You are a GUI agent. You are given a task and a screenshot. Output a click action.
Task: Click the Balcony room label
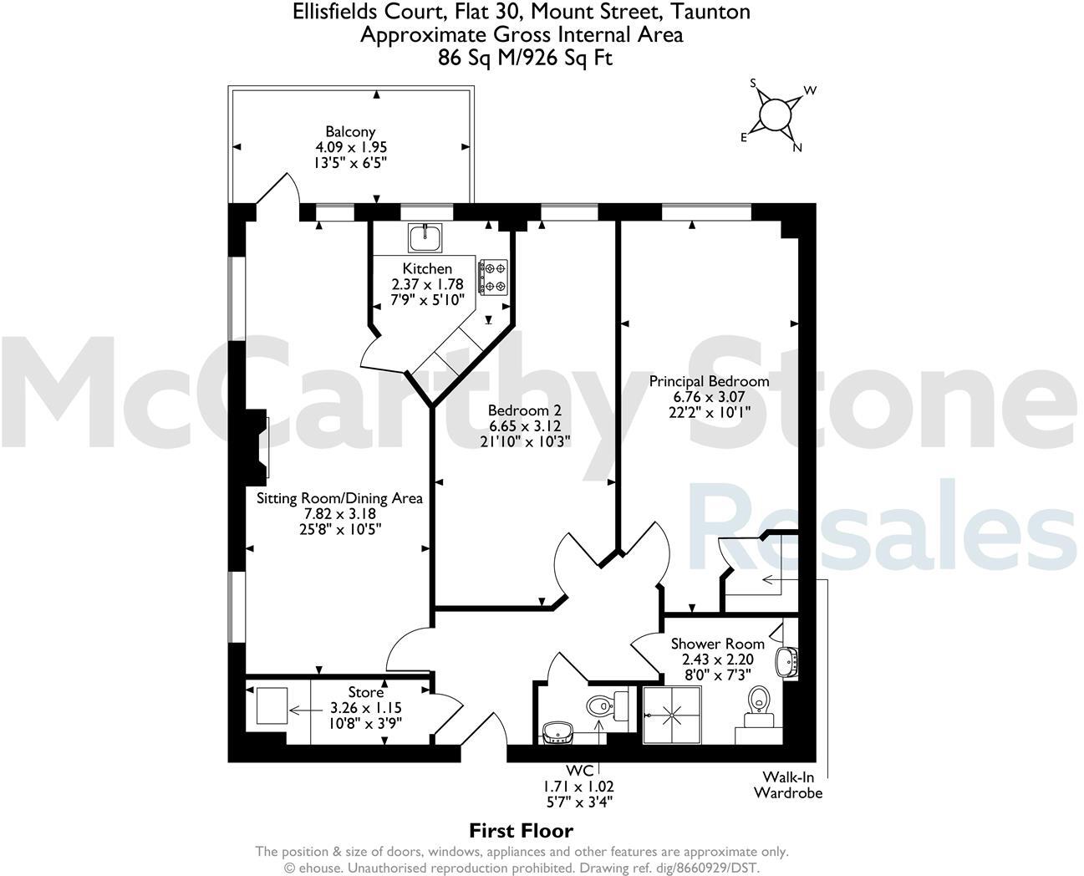[350, 131]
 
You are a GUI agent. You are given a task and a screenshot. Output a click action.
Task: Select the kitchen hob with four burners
[493, 278]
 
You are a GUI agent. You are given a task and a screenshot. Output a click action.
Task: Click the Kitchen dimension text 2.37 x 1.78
[427, 284]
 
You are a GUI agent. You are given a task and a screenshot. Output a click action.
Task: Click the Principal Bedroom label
[709, 381]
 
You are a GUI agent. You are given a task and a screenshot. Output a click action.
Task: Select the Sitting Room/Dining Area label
[339, 498]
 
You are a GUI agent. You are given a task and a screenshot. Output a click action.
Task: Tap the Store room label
[366, 692]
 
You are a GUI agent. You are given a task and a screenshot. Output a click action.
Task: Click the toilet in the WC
[600, 707]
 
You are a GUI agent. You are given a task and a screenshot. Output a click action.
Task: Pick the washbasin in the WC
[555, 731]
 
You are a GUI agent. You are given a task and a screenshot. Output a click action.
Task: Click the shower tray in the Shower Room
[672, 715]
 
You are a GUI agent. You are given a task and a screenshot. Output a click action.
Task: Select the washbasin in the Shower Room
[787, 662]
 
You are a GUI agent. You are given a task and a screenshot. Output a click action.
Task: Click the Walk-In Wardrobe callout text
[787, 785]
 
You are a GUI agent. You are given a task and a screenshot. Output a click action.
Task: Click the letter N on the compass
[796, 148]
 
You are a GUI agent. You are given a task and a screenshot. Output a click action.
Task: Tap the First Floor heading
[521, 830]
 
